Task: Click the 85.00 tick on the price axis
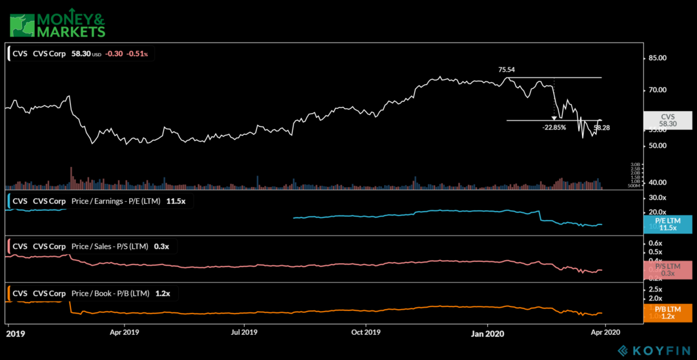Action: coord(658,58)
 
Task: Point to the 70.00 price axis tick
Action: coord(658,90)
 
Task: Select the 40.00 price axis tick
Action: coord(658,183)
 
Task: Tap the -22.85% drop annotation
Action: coord(554,127)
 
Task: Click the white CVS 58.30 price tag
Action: coord(668,121)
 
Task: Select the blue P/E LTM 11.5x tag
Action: coord(668,224)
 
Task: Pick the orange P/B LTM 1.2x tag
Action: coord(668,314)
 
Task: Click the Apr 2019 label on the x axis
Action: coord(124,333)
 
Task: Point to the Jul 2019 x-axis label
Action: coord(244,333)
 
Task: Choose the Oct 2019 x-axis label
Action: coord(365,333)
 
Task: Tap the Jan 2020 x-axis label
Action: coord(487,333)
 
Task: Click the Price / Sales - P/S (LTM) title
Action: coord(109,246)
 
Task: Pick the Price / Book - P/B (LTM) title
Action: coord(109,294)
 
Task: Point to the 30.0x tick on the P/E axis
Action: coord(658,197)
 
